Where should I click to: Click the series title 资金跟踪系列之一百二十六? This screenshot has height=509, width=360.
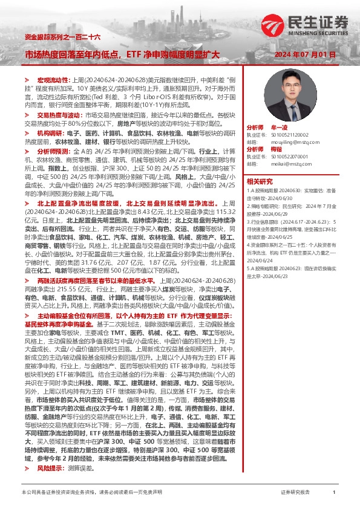pos(55,37)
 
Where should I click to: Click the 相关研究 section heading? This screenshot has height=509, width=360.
pos(260,181)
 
